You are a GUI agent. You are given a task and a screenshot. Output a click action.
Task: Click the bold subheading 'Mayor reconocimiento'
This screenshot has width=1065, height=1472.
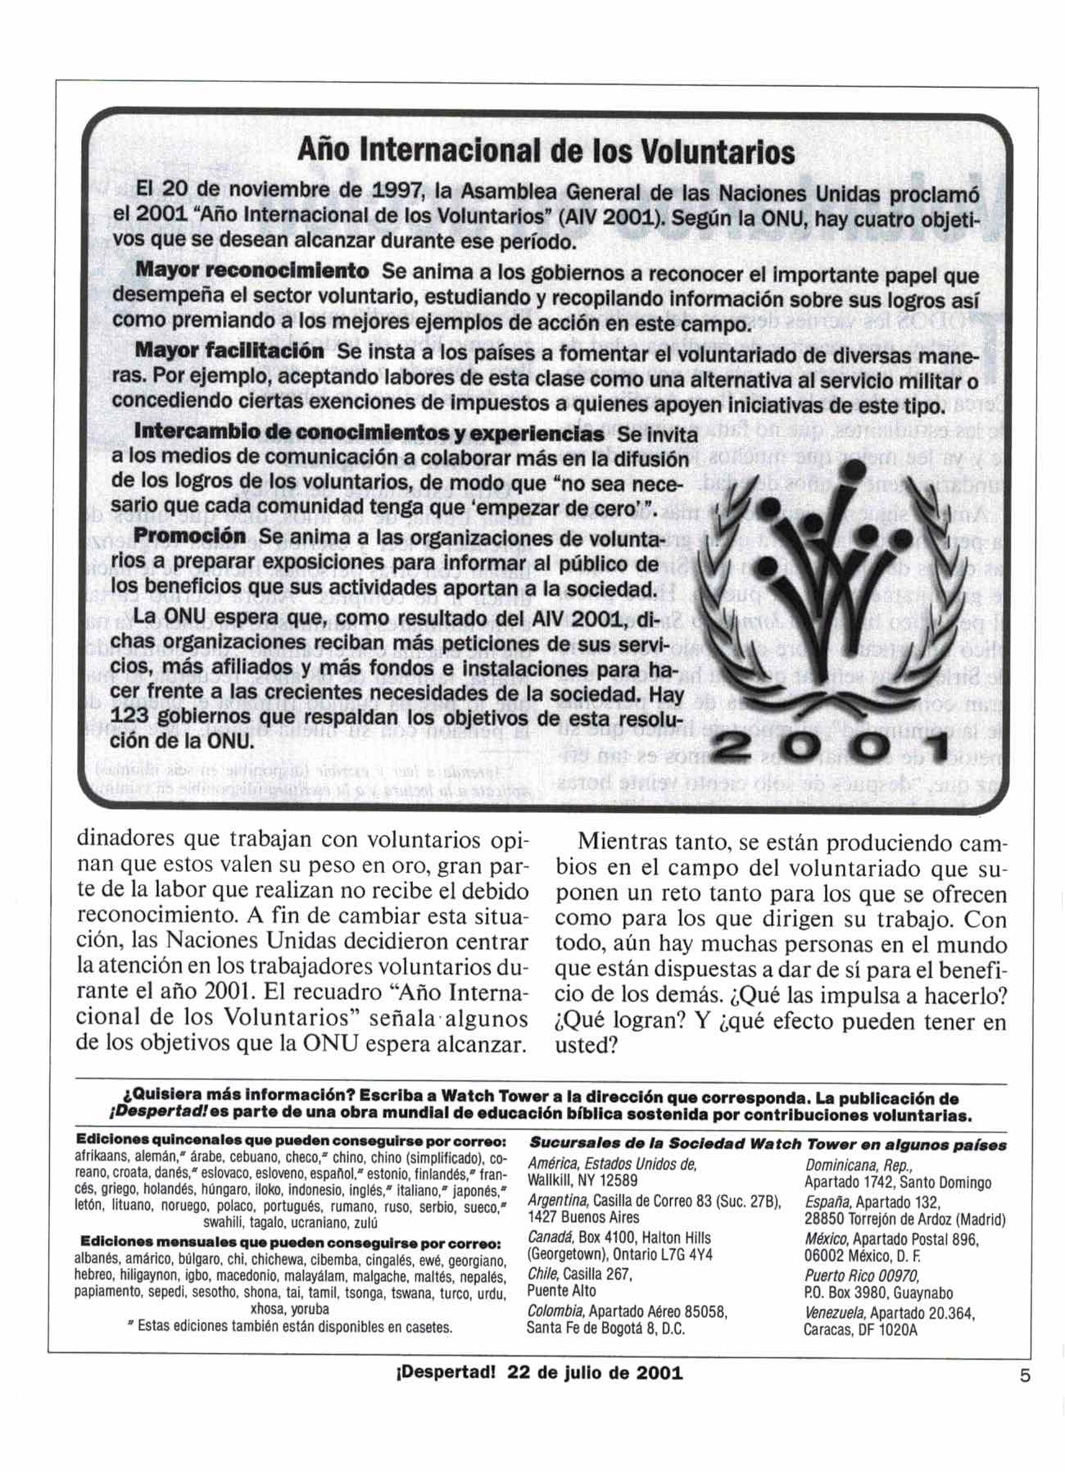coord(252,270)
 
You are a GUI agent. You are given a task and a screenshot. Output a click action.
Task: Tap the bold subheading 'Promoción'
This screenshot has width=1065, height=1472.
coord(189,536)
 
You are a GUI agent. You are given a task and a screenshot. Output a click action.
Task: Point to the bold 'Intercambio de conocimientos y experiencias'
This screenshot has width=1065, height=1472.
coord(369,433)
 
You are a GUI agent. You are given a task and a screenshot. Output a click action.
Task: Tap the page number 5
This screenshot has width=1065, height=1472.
coord(1024,1378)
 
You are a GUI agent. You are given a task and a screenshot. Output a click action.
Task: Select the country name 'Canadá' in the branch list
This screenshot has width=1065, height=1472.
coord(550,1238)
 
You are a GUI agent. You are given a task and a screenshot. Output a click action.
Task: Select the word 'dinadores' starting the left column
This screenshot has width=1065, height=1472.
coord(126,842)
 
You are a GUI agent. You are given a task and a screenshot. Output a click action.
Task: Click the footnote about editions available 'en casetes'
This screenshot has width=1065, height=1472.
coord(291,1326)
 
